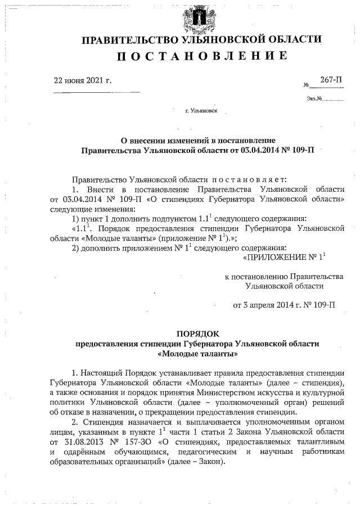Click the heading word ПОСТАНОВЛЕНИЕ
(201, 56)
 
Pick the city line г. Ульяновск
(201, 112)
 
